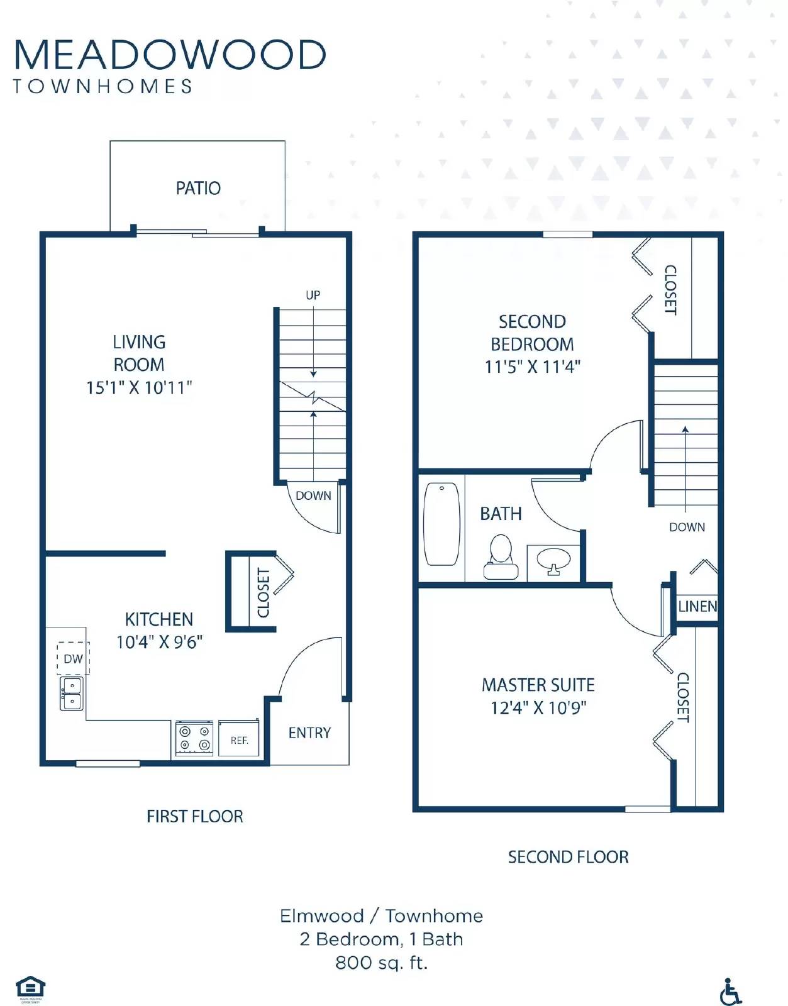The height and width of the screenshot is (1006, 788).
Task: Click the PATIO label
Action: pos(198,188)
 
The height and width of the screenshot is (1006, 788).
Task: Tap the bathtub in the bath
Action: pos(441,524)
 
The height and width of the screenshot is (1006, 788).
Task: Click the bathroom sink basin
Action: pos(553,558)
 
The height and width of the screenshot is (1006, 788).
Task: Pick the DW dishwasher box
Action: pos(73,658)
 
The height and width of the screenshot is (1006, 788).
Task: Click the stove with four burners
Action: pos(194,738)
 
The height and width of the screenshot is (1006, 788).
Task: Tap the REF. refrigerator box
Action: pos(239,739)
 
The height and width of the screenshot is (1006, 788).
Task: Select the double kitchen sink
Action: pos(71,694)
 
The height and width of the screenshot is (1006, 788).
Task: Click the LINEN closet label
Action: pos(697,607)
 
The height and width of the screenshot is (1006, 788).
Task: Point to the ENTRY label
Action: pos(309,732)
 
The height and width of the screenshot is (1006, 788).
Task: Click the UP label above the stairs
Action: pos(313,295)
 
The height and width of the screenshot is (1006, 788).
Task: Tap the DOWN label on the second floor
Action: pos(687,527)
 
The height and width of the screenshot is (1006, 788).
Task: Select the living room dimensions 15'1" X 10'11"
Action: pos(139,387)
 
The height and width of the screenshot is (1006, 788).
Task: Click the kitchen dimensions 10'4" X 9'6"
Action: pos(159,642)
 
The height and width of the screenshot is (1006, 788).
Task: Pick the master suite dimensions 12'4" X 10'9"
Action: pos(538,708)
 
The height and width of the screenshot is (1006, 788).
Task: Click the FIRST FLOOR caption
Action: pos(194,816)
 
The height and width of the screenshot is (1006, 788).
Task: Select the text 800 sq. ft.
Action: pos(381,963)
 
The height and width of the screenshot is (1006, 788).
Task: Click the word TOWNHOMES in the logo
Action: pos(103,86)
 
